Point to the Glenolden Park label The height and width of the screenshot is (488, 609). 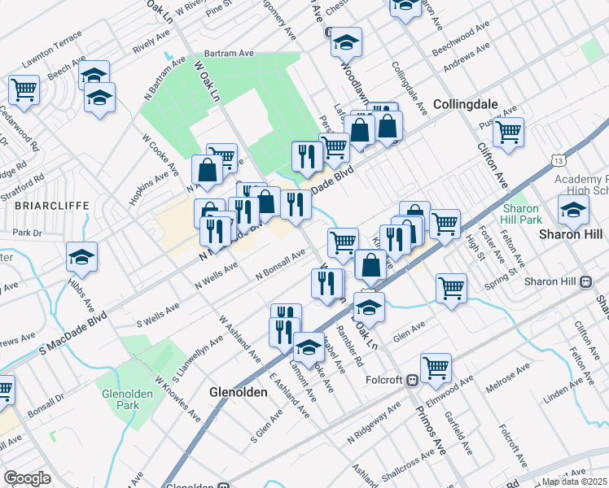pos(124,398)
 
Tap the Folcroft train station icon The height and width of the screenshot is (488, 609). pos(413,379)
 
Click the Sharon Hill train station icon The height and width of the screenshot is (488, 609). pos(585,281)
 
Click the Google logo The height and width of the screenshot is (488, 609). pos(28,478)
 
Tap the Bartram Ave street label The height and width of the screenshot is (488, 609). pos(230,54)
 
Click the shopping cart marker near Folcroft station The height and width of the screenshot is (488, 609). pos(436,366)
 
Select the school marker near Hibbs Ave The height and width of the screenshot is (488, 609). pos(81,257)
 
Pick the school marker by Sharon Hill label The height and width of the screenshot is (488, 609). pos(573,209)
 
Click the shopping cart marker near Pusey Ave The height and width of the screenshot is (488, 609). pos(508,130)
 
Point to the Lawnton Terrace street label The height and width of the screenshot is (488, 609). pos(52,50)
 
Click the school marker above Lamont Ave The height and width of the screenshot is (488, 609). pos(309,348)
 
